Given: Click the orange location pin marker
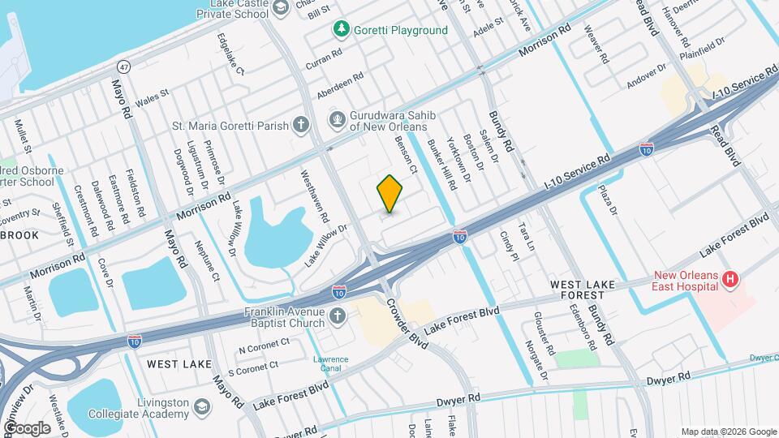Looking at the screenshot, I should click(x=390, y=193).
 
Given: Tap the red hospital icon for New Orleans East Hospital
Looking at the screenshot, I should click(x=730, y=280).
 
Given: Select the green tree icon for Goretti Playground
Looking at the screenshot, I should click(x=342, y=30).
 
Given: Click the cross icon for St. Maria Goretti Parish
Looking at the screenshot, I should click(x=301, y=125).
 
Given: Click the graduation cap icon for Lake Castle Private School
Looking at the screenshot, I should click(x=281, y=8).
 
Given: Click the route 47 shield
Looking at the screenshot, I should click(x=123, y=66).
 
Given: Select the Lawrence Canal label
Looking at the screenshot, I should click(x=331, y=364).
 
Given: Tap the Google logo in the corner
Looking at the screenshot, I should click(x=26, y=427).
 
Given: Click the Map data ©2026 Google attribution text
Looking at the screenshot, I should click(x=727, y=432).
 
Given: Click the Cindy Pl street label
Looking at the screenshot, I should click(x=509, y=245).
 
